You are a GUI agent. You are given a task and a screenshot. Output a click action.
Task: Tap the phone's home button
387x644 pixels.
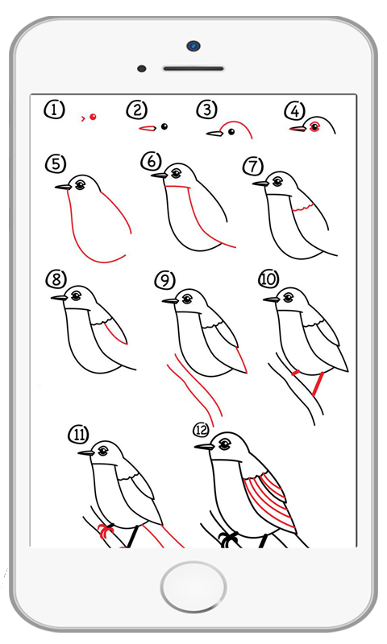(193, 586)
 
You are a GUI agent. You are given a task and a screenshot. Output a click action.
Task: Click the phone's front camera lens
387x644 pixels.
(193, 46)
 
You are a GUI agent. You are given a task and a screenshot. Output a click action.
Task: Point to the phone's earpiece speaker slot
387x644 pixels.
(193, 68)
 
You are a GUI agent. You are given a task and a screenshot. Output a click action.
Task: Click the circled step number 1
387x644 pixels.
(54, 110)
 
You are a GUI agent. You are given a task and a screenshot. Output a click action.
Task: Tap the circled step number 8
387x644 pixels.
(56, 279)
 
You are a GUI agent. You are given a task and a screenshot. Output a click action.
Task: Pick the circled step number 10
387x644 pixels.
(268, 279)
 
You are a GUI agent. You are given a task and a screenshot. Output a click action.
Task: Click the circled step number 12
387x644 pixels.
(201, 430)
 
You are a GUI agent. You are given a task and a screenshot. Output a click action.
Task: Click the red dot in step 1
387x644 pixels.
(93, 117)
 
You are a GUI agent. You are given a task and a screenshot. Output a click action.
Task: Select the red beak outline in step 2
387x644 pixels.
(148, 129)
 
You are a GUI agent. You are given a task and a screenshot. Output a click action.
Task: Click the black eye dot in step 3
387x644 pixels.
(231, 131)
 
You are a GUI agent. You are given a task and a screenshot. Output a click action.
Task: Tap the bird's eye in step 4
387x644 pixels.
(315, 127)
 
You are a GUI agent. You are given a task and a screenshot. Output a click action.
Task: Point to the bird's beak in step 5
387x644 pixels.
(63, 187)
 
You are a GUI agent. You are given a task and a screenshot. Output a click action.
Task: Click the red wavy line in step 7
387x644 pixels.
(302, 208)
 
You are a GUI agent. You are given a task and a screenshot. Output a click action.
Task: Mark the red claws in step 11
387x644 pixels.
(106, 531)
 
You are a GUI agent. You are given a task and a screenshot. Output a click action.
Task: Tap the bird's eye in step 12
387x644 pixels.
(225, 444)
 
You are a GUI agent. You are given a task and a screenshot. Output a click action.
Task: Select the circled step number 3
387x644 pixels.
(207, 109)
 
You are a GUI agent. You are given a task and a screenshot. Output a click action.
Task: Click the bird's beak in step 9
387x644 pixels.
(170, 301)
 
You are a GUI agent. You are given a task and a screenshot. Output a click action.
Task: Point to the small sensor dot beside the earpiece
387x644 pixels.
(141, 68)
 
